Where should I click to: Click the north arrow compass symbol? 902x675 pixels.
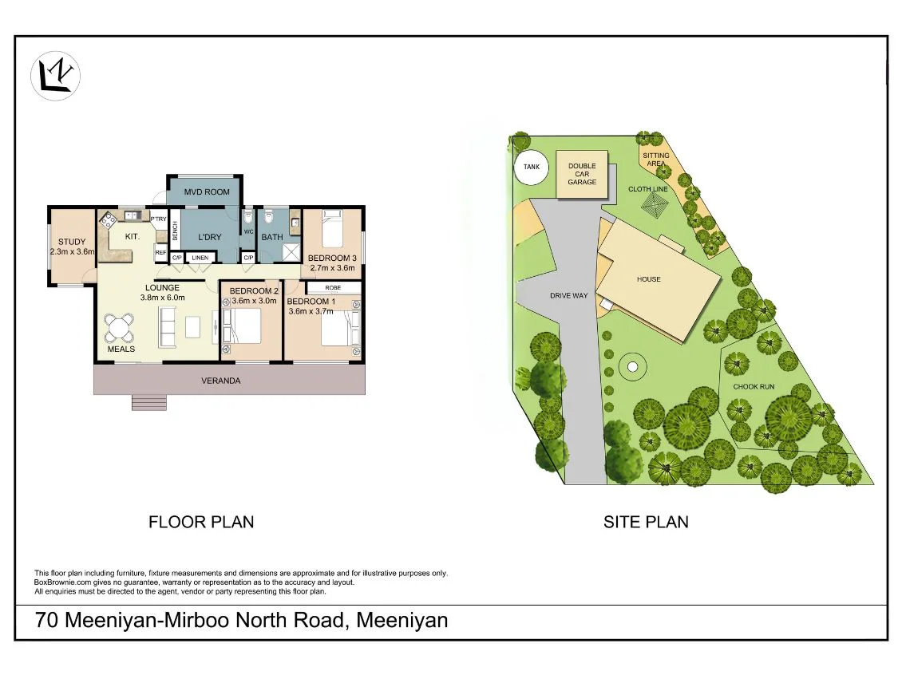pyautogui.click(x=56, y=76)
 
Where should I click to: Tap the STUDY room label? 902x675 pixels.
pyautogui.click(x=72, y=242)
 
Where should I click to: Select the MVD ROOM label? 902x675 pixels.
pyautogui.click(x=207, y=191)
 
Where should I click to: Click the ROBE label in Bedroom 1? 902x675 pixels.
pyautogui.click(x=332, y=287)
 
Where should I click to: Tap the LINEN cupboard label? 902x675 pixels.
pyautogui.click(x=200, y=258)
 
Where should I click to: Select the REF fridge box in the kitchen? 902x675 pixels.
pyautogui.click(x=160, y=253)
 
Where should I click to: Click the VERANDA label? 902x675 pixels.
pyautogui.click(x=220, y=381)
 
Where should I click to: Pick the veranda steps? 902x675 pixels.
pyautogui.click(x=149, y=402)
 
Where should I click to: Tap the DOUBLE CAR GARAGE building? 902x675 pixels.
pyautogui.click(x=582, y=175)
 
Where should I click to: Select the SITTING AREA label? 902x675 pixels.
pyautogui.click(x=656, y=160)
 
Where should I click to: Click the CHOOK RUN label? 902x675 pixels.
pyautogui.click(x=754, y=387)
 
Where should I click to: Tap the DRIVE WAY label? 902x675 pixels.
pyautogui.click(x=568, y=296)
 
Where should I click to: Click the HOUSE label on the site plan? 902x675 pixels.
pyautogui.click(x=648, y=279)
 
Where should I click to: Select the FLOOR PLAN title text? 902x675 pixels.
pyautogui.click(x=201, y=523)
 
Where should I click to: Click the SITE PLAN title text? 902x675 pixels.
pyautogui.click(x=646, y=523)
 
